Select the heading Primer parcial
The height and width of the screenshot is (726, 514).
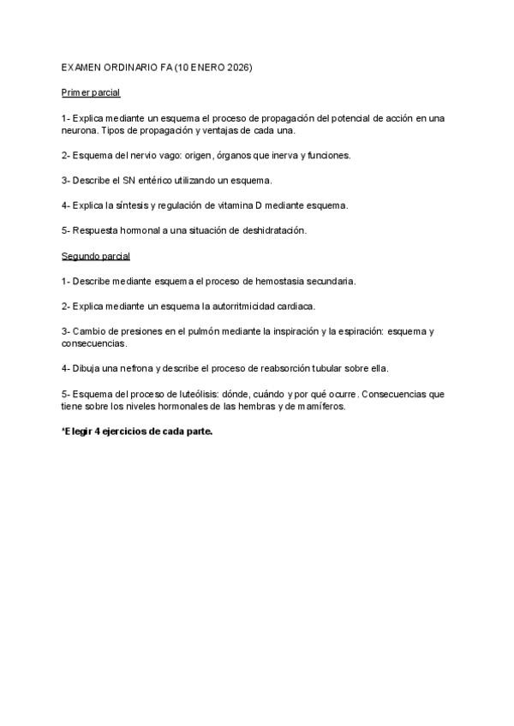click(91, 92)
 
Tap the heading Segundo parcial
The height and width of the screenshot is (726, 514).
click(95, 255)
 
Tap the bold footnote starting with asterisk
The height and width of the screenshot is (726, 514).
click(137, 431)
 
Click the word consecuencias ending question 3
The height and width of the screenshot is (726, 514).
click(93, 343)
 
